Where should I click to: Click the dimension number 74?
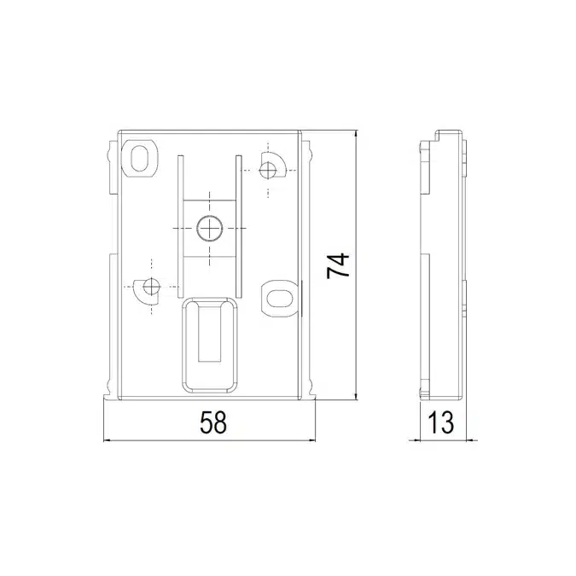[338, 265]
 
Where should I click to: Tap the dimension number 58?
[213, 422]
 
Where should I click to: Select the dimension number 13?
[441, 422]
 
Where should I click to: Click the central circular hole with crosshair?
[210, 229]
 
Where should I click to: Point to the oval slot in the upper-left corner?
[139, 159]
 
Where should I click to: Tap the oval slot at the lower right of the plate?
[279, 299]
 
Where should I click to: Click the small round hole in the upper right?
[268, 170]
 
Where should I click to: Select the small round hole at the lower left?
[151, 286]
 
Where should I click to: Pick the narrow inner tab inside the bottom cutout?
[210, 334]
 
